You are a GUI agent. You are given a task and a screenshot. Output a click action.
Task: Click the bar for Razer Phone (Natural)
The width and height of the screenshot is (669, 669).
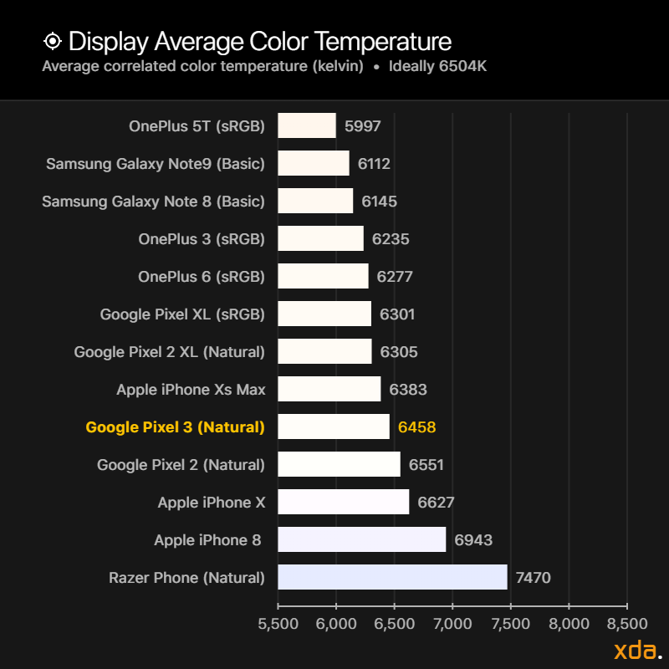(392, 577)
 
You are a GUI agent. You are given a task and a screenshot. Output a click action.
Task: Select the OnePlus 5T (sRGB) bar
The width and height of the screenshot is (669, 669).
(307, 125)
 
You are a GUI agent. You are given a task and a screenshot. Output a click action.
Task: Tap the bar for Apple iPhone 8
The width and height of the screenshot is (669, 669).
(361, 539)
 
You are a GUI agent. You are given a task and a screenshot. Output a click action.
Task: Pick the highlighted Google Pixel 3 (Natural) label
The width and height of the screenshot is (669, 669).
(175, 426)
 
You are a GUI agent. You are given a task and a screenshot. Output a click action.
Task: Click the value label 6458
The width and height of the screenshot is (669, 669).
(416, 426)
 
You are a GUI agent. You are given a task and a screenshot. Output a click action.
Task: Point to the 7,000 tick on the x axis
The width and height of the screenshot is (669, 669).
(452, 624)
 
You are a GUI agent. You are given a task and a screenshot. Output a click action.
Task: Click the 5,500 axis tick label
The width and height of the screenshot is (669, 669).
(278, 624)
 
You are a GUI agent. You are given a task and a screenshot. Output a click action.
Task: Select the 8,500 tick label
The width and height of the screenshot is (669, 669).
(627, 624)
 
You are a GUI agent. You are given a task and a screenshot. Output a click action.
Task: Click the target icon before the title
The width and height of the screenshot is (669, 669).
(52, 41)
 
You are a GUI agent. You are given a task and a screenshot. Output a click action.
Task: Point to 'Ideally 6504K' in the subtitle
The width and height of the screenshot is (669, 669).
(437, 66)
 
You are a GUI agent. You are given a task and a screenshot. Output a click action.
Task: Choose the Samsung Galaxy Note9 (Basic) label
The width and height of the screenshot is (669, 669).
(156, 163)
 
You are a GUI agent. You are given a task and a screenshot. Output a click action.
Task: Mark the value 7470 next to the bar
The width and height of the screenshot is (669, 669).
(533, 577)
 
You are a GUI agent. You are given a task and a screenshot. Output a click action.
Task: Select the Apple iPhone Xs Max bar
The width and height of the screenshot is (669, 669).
(329, 389)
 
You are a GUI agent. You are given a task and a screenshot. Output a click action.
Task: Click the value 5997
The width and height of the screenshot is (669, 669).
(362, 125)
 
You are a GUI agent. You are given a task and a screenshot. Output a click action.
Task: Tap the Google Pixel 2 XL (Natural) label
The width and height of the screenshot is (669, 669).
(169, 351)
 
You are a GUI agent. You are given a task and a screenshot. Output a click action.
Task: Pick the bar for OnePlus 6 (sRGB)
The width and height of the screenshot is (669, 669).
(323, 276)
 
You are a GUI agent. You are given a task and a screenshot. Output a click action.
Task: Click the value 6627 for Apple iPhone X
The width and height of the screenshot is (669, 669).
(436, 502)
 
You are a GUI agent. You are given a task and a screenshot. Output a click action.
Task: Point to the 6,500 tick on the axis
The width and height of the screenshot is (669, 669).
(395, 624)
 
